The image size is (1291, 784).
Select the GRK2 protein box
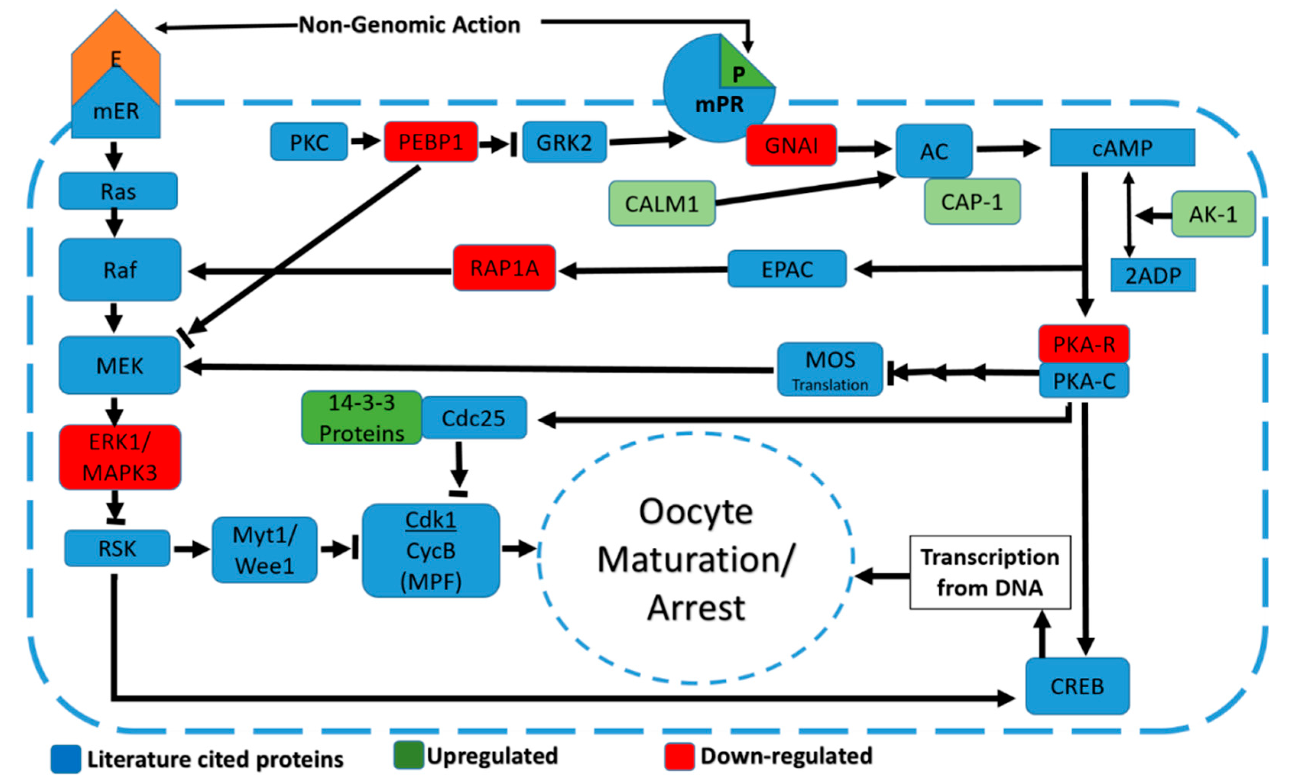(564, 142)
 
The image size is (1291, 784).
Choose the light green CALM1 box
(662, 203)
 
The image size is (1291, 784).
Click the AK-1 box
(1213, 214)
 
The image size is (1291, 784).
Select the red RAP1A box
(504, 268)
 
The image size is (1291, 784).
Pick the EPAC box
(787, 269)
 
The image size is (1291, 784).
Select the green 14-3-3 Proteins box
(362, 418)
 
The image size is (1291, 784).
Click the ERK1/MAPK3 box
(120, 457)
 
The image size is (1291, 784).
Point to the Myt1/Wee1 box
(264, 550)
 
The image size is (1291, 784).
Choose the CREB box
(1077, 686)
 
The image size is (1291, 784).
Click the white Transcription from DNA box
(990, 572)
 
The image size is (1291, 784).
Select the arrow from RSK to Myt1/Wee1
(191, 549)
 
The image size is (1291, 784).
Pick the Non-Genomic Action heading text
(409, 24)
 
